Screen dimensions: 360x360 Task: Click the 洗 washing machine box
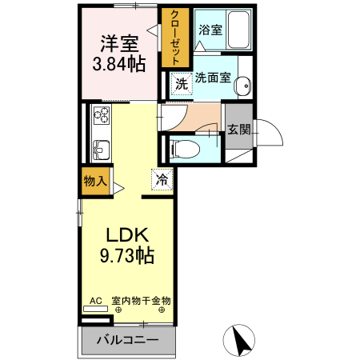pyautogui.click(x=181, y=82)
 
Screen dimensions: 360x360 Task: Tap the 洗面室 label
pyautogui.click(x=214, y=78)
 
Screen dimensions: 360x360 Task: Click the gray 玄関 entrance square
pyautogui.click(x=238, y=129)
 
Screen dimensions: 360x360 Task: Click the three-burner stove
pyautogui.click(x=102, y=118)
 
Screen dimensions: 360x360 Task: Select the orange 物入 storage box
pyautogui.click(x=95, y=181)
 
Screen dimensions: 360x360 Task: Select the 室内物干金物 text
pyautogui.click(x=141, y=301)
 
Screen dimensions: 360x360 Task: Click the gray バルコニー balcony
pyautogui.click(x=128, y=339)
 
